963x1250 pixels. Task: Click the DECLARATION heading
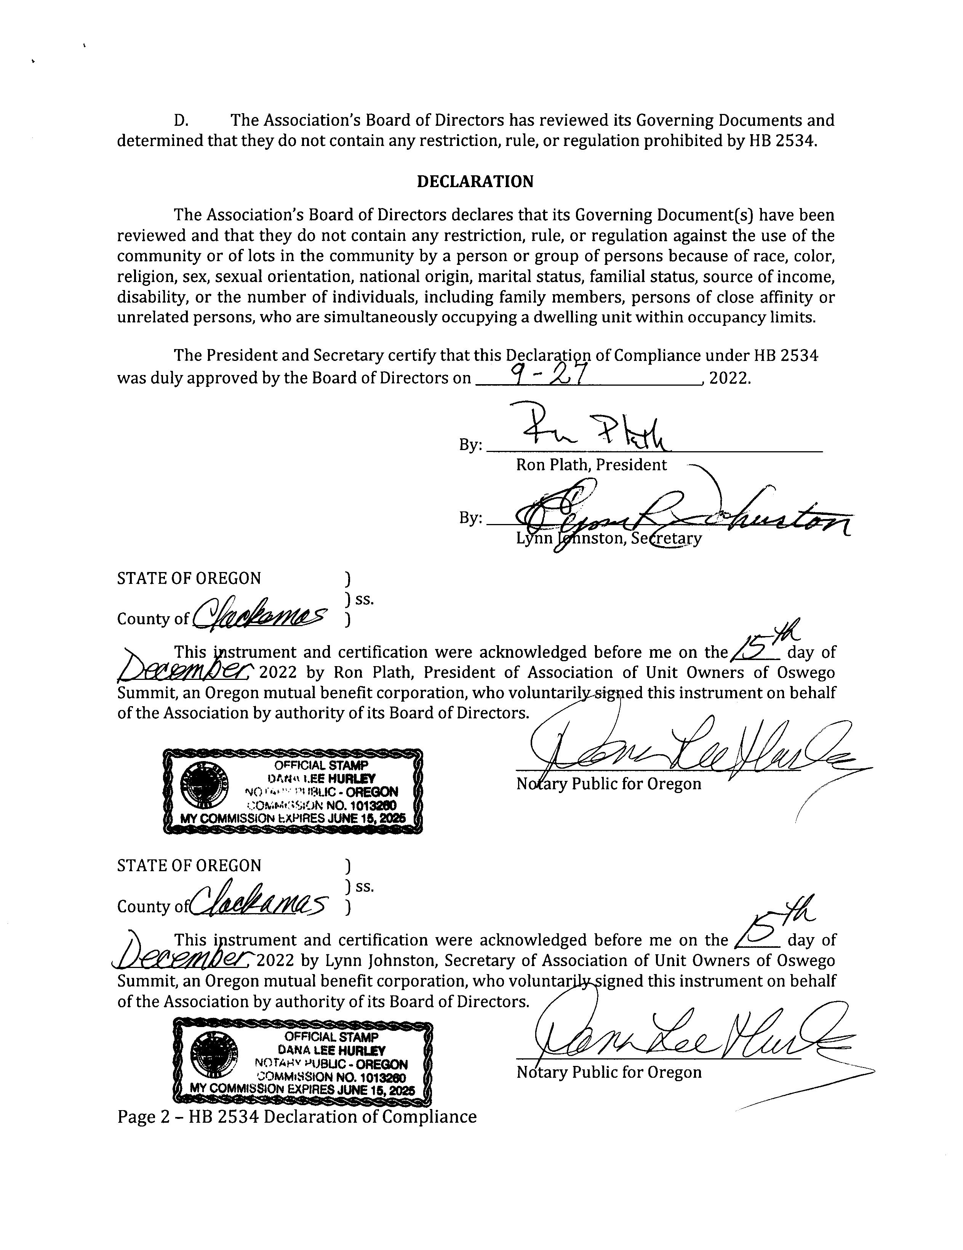(x=475, y=182)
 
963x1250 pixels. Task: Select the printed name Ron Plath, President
(x=591, y=465)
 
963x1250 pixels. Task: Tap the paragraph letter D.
(x=181, y=121)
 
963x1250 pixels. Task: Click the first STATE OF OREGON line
(x=189, y=579)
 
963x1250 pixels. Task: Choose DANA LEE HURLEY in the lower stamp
(x=331, y=1050)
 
